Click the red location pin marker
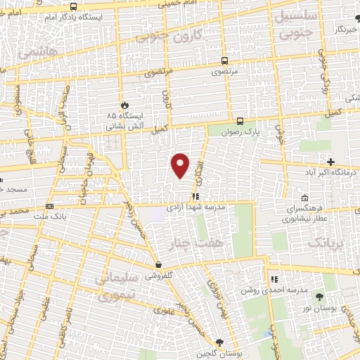point(181,165)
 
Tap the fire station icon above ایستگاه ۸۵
point(124,104)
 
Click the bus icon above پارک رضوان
point(240,121)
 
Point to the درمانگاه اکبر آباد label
point(330,171)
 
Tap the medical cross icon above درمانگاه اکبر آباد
point(330,161)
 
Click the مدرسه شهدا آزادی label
point(195,208)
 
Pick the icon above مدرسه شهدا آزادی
point(195,197)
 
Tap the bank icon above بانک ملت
point(49,206)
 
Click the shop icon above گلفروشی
point(159,266)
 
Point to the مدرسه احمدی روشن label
point(266,290)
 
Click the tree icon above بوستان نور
point(319,297)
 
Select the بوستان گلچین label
point(220,354)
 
